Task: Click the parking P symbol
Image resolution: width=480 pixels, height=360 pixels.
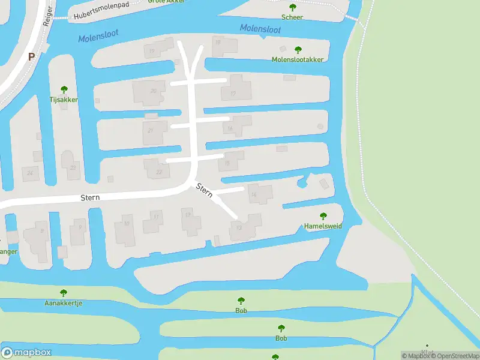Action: (x=31, y=57)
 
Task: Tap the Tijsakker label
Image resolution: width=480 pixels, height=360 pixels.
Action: (x=64, y=100)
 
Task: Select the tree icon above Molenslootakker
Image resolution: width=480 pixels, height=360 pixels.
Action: (x=298, y=50)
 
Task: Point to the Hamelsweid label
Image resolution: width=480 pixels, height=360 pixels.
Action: (x=323, y=226)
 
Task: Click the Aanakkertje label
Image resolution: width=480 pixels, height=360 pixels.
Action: (x=63, y=303)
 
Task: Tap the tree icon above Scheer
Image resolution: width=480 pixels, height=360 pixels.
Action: (x=292, y=8)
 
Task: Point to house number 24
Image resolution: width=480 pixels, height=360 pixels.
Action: (x=29, y=173)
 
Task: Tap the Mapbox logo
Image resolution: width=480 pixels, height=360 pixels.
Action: (x=26, y=353)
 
